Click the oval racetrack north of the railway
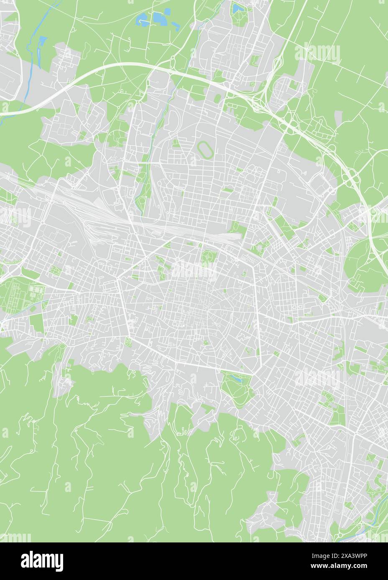204,148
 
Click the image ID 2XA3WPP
350,555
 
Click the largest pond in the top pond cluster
159,18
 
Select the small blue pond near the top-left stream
43,40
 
